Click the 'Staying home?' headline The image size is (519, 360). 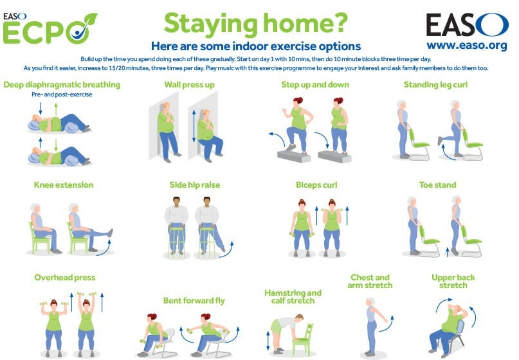[x=256, y=24]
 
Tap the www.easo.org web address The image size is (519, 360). [x=467, y=46]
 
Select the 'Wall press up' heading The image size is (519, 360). [x=189, y=85]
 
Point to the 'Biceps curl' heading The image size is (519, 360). [x=316, y=185]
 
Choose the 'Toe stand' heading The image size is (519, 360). [x=437, y=185]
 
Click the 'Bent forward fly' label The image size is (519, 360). [x=194, y=301]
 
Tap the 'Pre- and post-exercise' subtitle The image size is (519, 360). [x=62, y=94]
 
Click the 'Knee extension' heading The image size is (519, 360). [x=64, y=185]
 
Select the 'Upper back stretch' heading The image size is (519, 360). [x=453, y=282]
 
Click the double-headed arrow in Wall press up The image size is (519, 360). [x=194, y=126]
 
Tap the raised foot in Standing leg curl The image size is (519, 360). [x=440, y=141]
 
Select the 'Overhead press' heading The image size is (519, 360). [x=65, y=278]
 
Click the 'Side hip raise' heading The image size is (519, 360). [x=195, y=185]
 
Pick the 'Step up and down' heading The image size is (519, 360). [x=315, y=85]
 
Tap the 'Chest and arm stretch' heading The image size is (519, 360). [x=370, y=282]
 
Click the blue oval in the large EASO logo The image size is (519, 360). [x=493, y=25]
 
